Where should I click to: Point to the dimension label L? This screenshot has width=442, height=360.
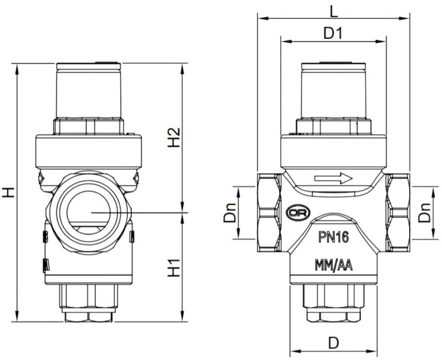tap(334, 9)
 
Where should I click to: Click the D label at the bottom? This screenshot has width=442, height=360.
tap(333, 343)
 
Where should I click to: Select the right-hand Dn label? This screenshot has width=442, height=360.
tap(425, 211)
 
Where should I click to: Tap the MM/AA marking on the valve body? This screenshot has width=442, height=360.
tap(334, 265)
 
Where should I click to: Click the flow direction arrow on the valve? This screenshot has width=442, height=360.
tap(334, 179)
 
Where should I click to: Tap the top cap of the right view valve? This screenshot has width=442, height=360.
tap(333, 92)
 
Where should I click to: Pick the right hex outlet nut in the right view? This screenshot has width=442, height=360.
tap(398, 211)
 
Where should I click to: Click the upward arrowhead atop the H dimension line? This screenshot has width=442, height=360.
tap(17, 68)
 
